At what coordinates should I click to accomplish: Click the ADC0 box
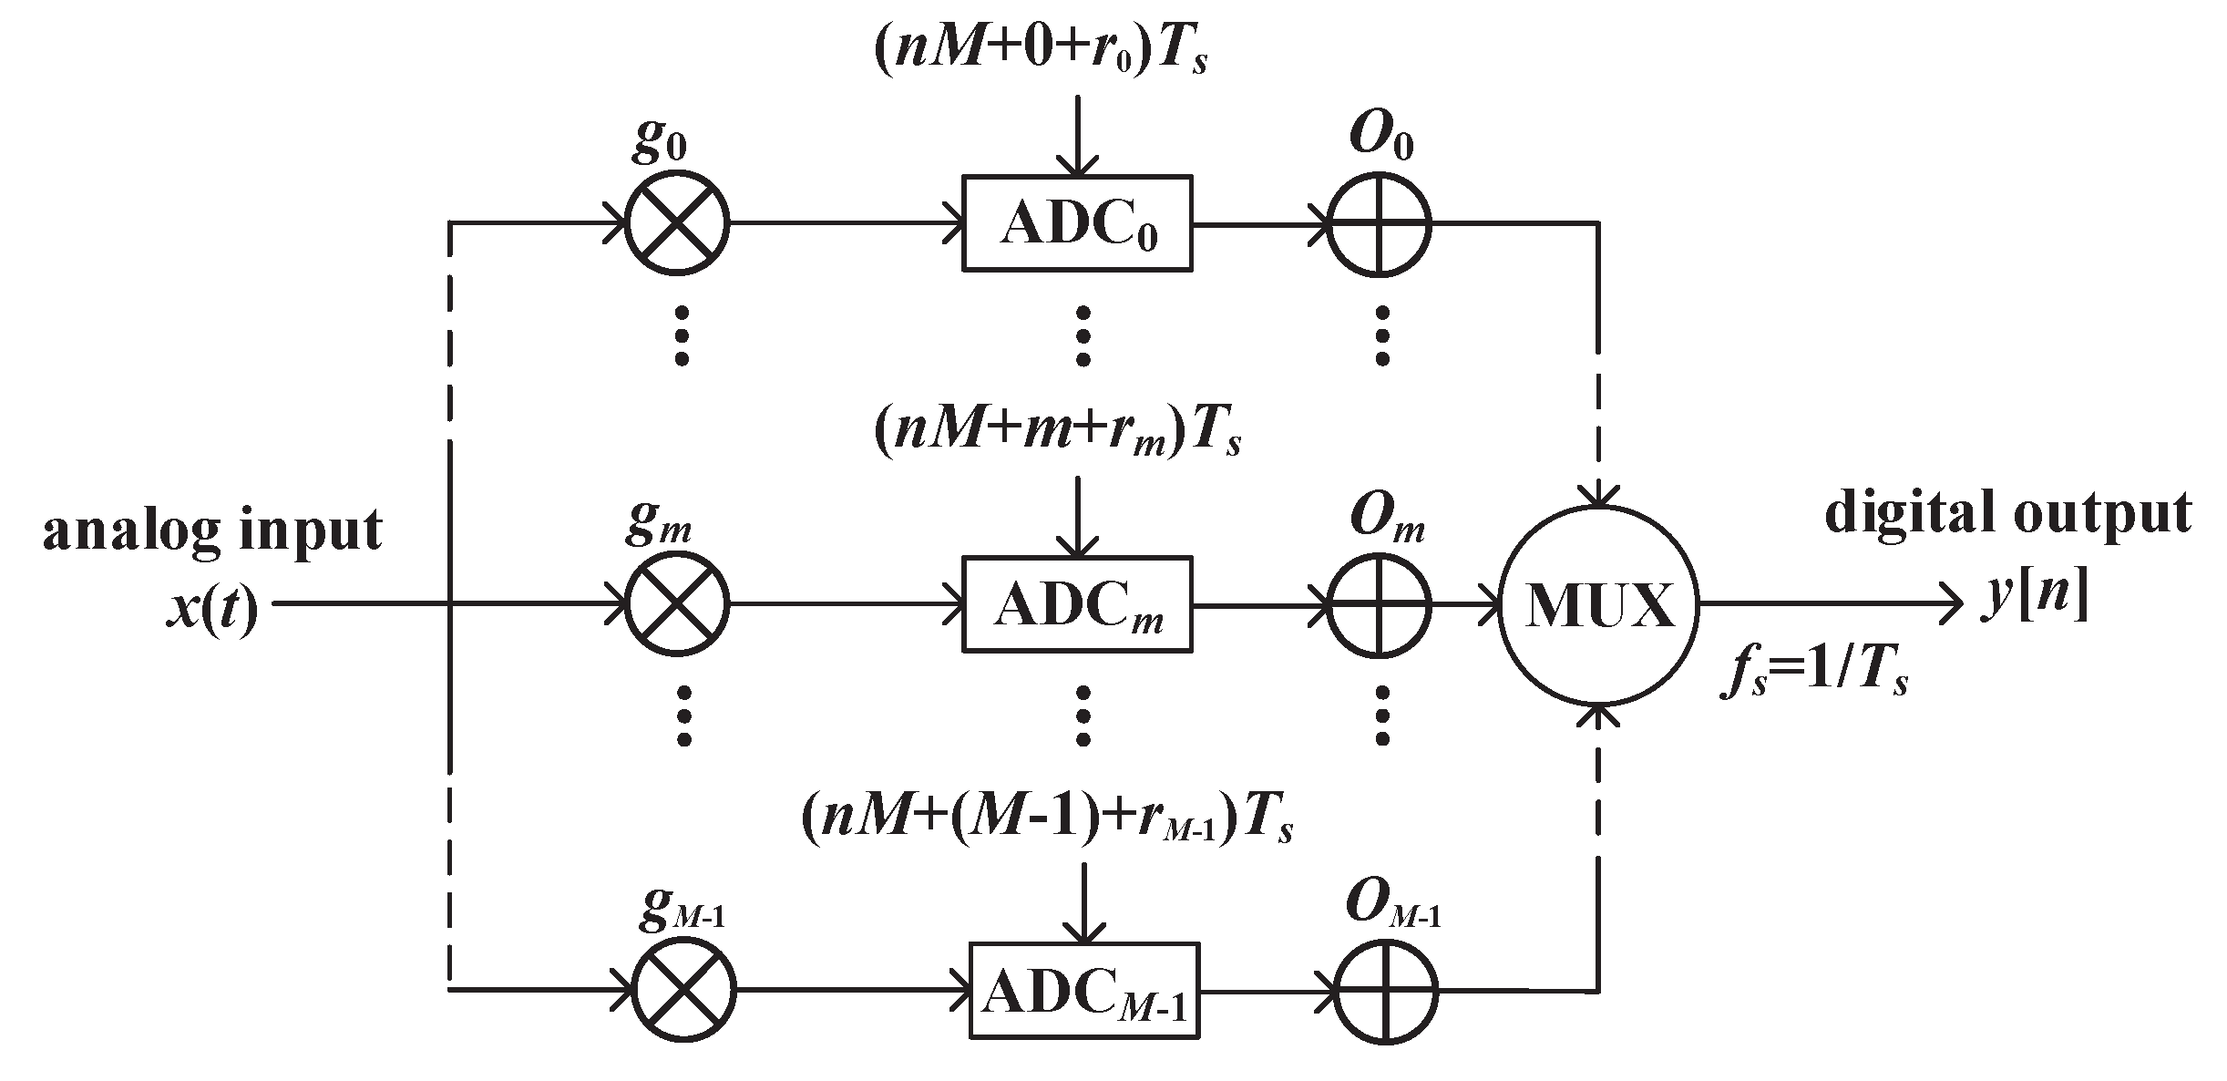coord(1077,223)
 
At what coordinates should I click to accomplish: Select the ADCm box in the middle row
coord(1077,604)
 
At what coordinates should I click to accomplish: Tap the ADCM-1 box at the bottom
coord(1084,991)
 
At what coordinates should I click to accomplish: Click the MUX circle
coord(1599,604)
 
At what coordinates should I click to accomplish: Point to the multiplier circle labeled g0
coord(676,222)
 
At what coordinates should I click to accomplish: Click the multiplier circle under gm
coord(676,604)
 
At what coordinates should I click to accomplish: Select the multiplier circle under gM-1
coord(683,991)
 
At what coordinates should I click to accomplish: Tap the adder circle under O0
coord(1379,223)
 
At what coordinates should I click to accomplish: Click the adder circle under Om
coord(1379,604)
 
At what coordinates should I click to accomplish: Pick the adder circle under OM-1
coord(1385,991)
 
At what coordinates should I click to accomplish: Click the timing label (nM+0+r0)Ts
coord(1040,52)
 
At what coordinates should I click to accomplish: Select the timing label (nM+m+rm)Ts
coord(1057,432)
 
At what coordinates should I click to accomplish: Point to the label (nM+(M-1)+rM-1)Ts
coord(1047,818)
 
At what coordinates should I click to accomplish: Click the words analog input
coord(212,530)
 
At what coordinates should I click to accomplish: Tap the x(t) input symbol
coord(211,607)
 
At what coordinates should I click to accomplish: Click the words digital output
coord(2007,512)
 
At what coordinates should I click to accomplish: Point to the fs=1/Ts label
coord(1813,675)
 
